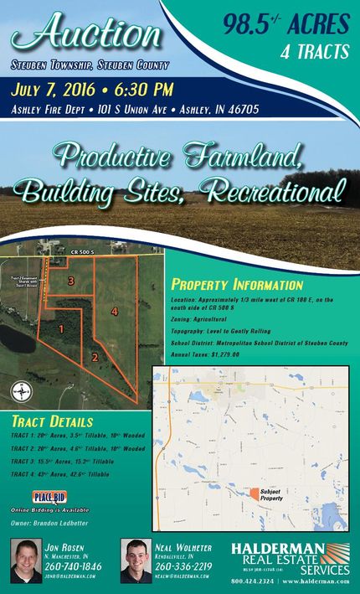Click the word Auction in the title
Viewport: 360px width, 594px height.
point(88,34)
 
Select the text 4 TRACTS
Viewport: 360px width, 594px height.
point(314,52)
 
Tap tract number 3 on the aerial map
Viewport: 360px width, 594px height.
point(72,280)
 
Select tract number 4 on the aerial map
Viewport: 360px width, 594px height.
point(115,312)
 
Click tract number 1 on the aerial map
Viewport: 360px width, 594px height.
point(61,329)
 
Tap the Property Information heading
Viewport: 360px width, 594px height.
point(237,284)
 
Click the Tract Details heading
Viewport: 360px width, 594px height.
point(53,421)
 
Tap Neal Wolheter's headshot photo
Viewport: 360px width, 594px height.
point(136,560)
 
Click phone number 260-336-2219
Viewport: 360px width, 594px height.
point(183,566)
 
